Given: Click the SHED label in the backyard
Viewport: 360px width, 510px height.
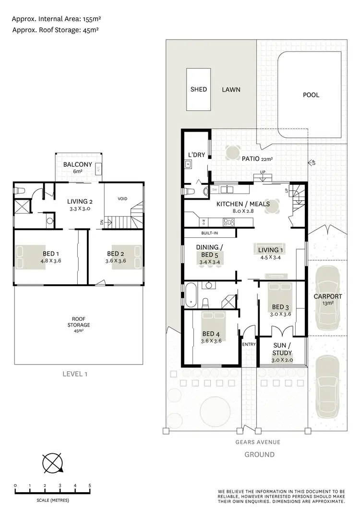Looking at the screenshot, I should [198, 89].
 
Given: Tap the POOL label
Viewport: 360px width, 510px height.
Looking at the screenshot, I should [311, 95].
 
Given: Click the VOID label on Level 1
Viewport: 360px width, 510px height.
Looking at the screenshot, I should [122, 198].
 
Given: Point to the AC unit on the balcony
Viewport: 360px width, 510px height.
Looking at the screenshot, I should [98, 169].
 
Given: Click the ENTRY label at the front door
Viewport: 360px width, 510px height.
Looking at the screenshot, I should [249, 344].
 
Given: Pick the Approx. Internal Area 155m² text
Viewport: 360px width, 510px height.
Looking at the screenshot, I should [56, 19].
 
